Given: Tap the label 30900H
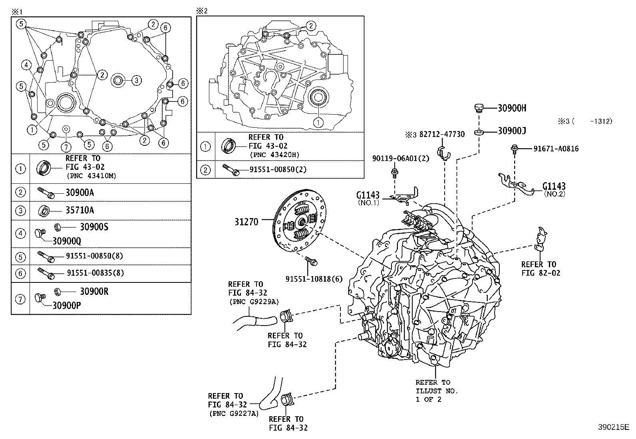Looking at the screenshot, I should [x=512, y=108].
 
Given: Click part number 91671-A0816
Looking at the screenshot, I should [x=556, y=149].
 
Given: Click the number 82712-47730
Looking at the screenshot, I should [x=442, y=135].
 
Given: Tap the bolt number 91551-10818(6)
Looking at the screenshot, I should [x=314, y=279].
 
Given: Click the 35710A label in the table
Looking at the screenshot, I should [x=79, y=210].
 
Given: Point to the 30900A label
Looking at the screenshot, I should [x=79, y=193].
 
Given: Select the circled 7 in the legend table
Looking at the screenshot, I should [x=20, y=299].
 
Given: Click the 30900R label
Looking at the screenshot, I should [x=94, y=291].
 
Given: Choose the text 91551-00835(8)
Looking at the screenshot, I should [x=95, y=273].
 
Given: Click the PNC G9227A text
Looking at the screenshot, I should [x=234, y=413].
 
